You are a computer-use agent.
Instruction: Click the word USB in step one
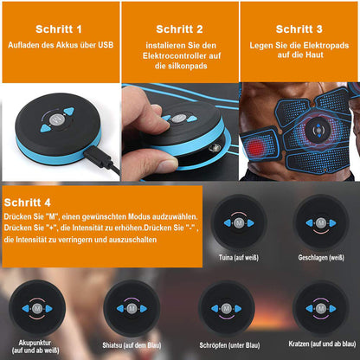103,45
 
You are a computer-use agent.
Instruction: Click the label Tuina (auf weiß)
235,257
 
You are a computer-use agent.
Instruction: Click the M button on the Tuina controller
235,222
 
